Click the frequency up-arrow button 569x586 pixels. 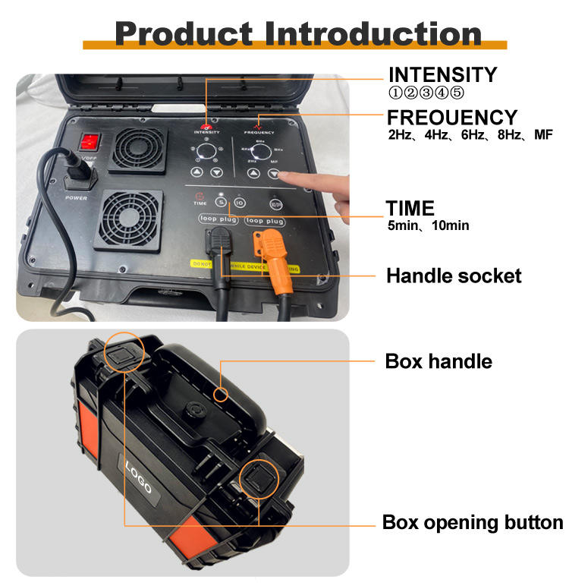[x=253, y=173]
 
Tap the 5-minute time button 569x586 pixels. [x=222, y=203]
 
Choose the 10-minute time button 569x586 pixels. [x=239, y=203]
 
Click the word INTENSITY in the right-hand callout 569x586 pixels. [x=442, y=75]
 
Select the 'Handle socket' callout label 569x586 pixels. [x=454, y=275]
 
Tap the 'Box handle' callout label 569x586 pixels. [x=439, y=361]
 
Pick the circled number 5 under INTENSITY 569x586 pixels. [x=457, y=93]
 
